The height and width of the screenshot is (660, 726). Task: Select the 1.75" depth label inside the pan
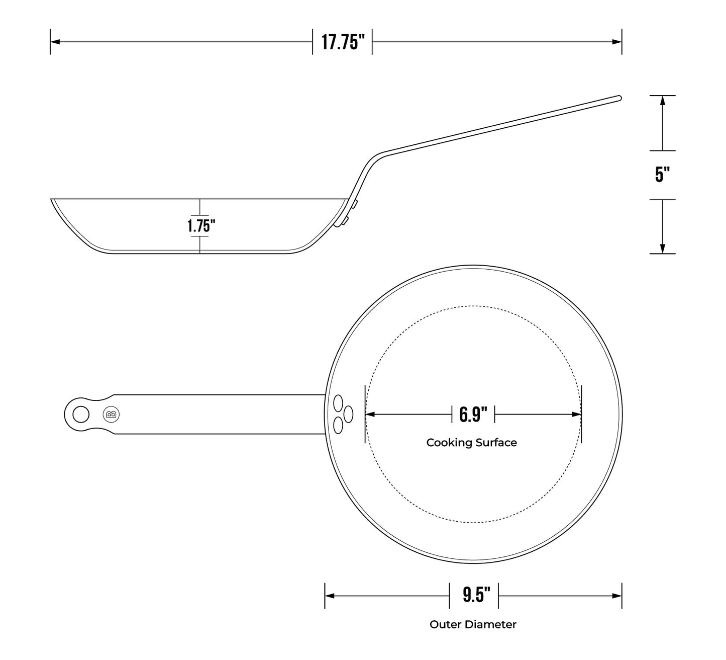[x=201, y=226]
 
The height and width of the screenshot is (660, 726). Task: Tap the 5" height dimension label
[x=662, y=175]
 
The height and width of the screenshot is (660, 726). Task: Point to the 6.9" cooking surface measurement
[x=473, y=415]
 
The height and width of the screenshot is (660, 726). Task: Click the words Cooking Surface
[x=471, y=443]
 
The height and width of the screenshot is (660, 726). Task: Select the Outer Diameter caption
[x=473, y=625]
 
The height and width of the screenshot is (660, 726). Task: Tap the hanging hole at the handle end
[x=81, y=415]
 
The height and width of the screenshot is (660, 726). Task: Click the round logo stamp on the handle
[x=111, y=415]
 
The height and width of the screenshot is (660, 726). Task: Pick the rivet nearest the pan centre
[x=348, y=415]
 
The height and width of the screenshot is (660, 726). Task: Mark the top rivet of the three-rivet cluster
[x=338, y=403]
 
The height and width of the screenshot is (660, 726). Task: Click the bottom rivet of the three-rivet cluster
[x=338, y=426]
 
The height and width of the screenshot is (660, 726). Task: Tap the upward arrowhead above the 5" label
[x=662, y=100]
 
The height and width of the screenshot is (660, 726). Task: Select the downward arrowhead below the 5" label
[x=662, y=248]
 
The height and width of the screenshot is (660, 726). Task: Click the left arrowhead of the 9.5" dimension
[x=330, y=596]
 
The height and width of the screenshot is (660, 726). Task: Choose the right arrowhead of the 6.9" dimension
[x=577, y=415]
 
